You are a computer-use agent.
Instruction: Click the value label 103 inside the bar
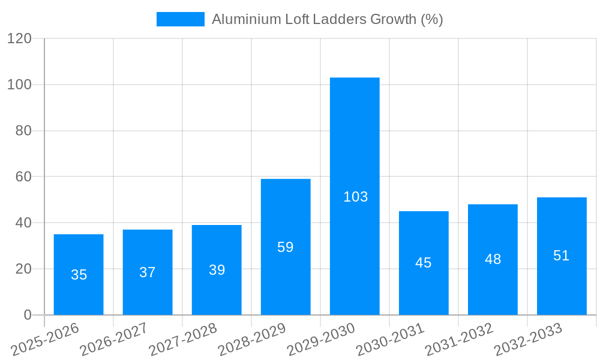355,197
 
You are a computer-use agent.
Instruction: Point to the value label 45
424,263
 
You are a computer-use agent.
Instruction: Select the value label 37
148,272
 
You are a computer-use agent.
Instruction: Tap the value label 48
493,259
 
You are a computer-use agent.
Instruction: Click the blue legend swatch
180,19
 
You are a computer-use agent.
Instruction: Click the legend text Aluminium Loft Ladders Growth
327,19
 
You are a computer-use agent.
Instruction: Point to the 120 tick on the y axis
19,38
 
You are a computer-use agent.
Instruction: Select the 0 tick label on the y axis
28,315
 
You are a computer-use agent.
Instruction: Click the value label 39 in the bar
217,270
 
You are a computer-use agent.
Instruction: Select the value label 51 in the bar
562,256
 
